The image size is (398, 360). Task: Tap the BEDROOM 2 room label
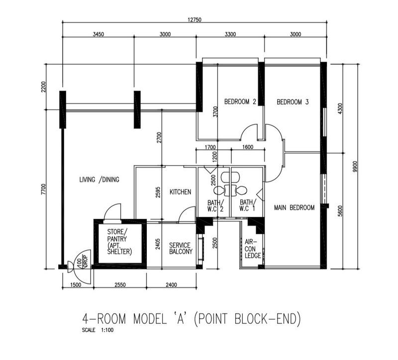(240, 102)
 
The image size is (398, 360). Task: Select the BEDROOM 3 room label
(293, 102)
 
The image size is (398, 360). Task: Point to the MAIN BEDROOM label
(295, 207)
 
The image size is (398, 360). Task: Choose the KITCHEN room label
(180, 192)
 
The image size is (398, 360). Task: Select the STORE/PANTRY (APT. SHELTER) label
(119, 242)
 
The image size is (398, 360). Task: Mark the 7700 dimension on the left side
(43, 189)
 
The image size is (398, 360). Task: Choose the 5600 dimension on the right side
(340, 211)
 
